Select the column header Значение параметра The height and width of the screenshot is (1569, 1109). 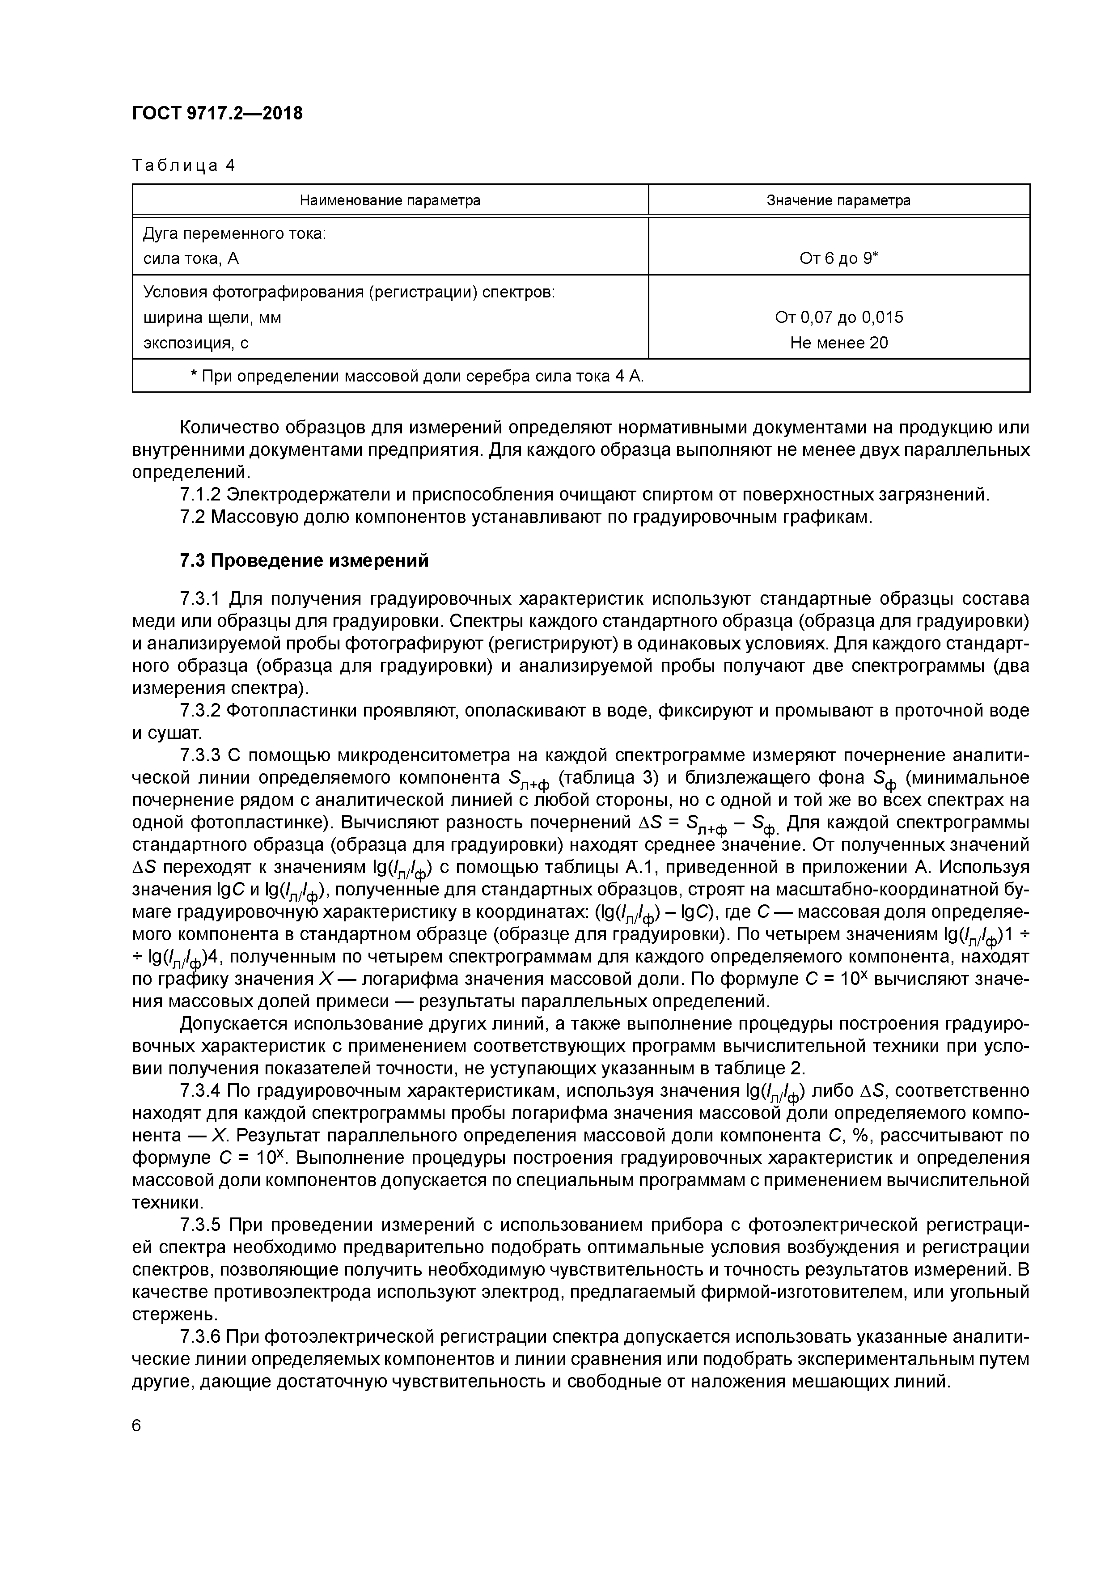coord(838,200)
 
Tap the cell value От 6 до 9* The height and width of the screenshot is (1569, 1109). coord(838,259)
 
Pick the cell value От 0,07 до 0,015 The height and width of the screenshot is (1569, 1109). coord(838,317)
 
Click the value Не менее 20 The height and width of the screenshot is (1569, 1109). coord(838,342)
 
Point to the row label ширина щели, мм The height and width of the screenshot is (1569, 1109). coord(212,318)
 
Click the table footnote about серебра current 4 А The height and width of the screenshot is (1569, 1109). coord(417,376)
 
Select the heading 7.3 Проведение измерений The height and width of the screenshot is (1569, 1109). coord(304,560)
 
